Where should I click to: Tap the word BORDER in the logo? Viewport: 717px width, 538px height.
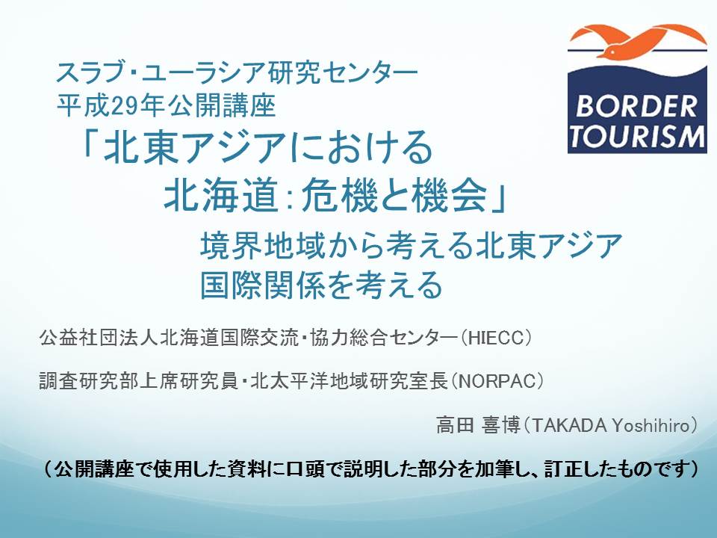tap(636, 106)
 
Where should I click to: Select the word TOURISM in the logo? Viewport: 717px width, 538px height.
tap(637, 137)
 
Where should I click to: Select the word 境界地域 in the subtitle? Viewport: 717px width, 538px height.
tap(259, 245)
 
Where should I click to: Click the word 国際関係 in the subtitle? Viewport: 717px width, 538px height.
tap(259, 285)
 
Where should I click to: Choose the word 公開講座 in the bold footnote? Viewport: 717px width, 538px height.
tap(95, 469)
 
